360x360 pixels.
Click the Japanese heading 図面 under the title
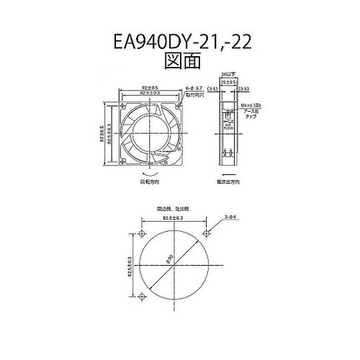[x=180, y=62]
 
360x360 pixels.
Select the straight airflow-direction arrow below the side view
[x=228, y=176]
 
